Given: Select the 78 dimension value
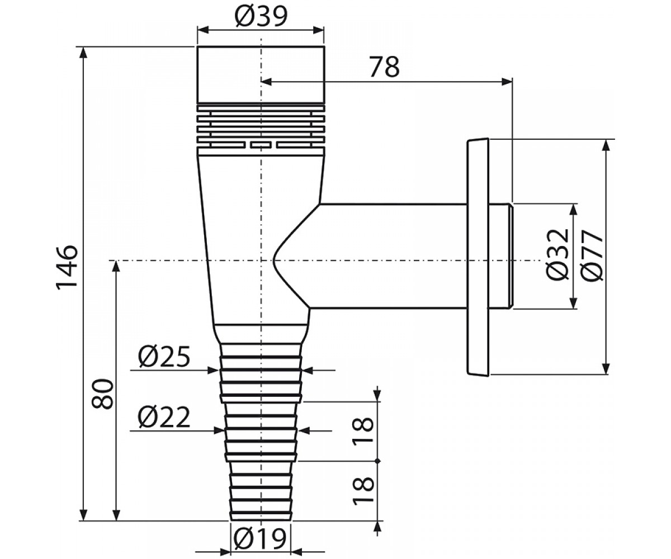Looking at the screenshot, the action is coord(384,67).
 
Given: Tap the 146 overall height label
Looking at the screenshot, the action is coord(67,268).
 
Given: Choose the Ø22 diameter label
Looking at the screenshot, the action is coord(164,418).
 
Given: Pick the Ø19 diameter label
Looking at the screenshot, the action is coord(259,538).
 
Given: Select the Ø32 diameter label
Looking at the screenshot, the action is coord(557,254).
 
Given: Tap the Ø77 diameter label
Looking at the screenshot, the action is coord(592,255).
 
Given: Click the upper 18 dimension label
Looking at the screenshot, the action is coord(363,431).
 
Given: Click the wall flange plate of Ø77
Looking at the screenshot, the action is coord(478,257).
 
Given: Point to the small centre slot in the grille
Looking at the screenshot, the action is coord(261,145).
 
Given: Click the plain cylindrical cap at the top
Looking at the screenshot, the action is coord(261,74).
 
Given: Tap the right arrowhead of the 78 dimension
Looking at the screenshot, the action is coord(507,82).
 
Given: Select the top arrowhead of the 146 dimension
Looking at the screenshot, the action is coord(83,53).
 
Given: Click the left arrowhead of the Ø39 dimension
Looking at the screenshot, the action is coord(203,30).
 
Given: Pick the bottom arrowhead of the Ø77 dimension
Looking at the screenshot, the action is coord(606,368).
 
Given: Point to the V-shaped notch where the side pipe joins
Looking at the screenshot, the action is coord(274,260).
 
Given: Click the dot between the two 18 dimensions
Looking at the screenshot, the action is coord(377,461).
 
